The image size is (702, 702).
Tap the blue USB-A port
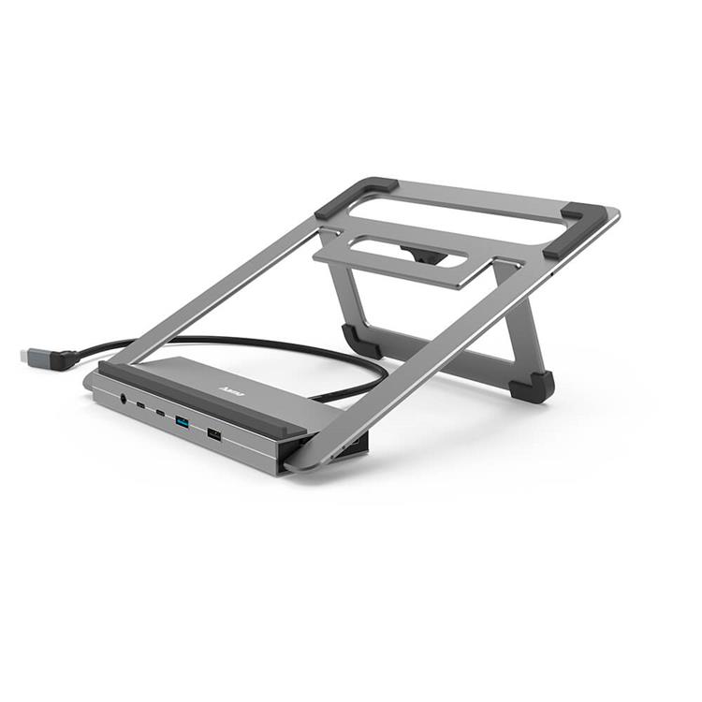click(183, 424)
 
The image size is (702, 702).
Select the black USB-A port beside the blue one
click(214, 435)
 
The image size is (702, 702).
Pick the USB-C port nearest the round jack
click(141, 405)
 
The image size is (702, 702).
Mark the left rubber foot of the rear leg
click(361, 341)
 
